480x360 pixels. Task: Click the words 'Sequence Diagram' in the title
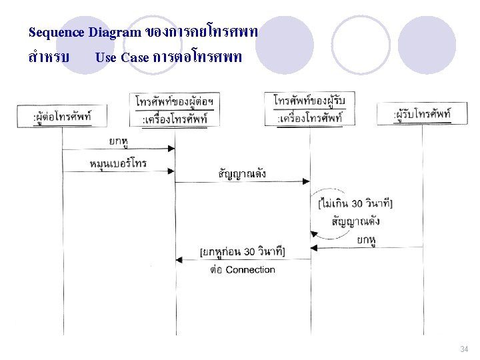tap(85, 32)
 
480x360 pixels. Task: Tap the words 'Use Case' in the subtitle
tap(121, 57)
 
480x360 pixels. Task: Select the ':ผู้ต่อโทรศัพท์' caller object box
tap(62, 117)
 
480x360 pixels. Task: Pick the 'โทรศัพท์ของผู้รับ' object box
tap(309, 108)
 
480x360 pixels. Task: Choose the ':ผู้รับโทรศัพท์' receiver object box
tap(422, 115)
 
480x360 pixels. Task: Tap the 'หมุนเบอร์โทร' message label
tap(118, 163)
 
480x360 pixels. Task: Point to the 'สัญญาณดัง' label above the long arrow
tap(242, 173)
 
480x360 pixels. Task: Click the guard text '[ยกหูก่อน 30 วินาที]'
tap(243, 251)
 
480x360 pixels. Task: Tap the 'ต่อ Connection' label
tap(242, 269)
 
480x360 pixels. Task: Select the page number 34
tap(464, 349)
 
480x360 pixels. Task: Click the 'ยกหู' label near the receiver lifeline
tap(365, 239)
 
